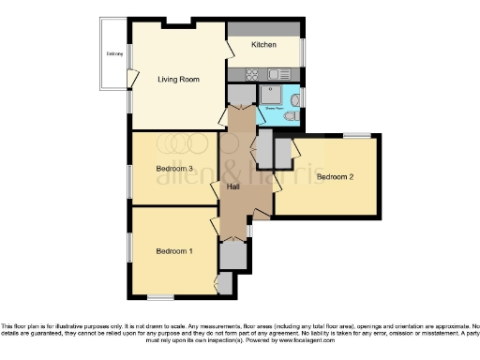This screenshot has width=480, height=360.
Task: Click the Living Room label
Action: pos(178,80)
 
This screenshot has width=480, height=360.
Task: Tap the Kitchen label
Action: pos(263,45)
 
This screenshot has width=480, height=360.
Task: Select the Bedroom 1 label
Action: pos(174,251)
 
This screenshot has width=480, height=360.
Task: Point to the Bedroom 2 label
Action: pos(334,176)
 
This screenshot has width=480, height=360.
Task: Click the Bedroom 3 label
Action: pos(174,169)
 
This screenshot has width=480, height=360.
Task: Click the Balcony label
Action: pos(114,54)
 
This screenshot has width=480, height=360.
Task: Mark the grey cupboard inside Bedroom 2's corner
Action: pos(282,150)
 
